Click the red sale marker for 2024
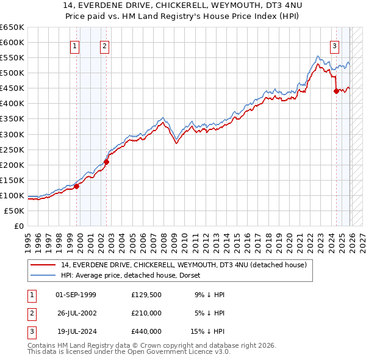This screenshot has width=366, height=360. [336, 91]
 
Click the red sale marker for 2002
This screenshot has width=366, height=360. [106, 162]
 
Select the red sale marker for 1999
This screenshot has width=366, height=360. [77, 186]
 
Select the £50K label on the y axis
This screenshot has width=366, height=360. [15, 211]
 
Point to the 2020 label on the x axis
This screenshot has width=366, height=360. [288, 238]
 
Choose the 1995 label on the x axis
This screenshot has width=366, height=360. [28, 238]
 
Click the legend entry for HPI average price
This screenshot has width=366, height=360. [134, 275]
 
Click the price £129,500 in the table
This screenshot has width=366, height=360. [146, 295]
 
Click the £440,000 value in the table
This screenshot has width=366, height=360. [146, 331]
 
